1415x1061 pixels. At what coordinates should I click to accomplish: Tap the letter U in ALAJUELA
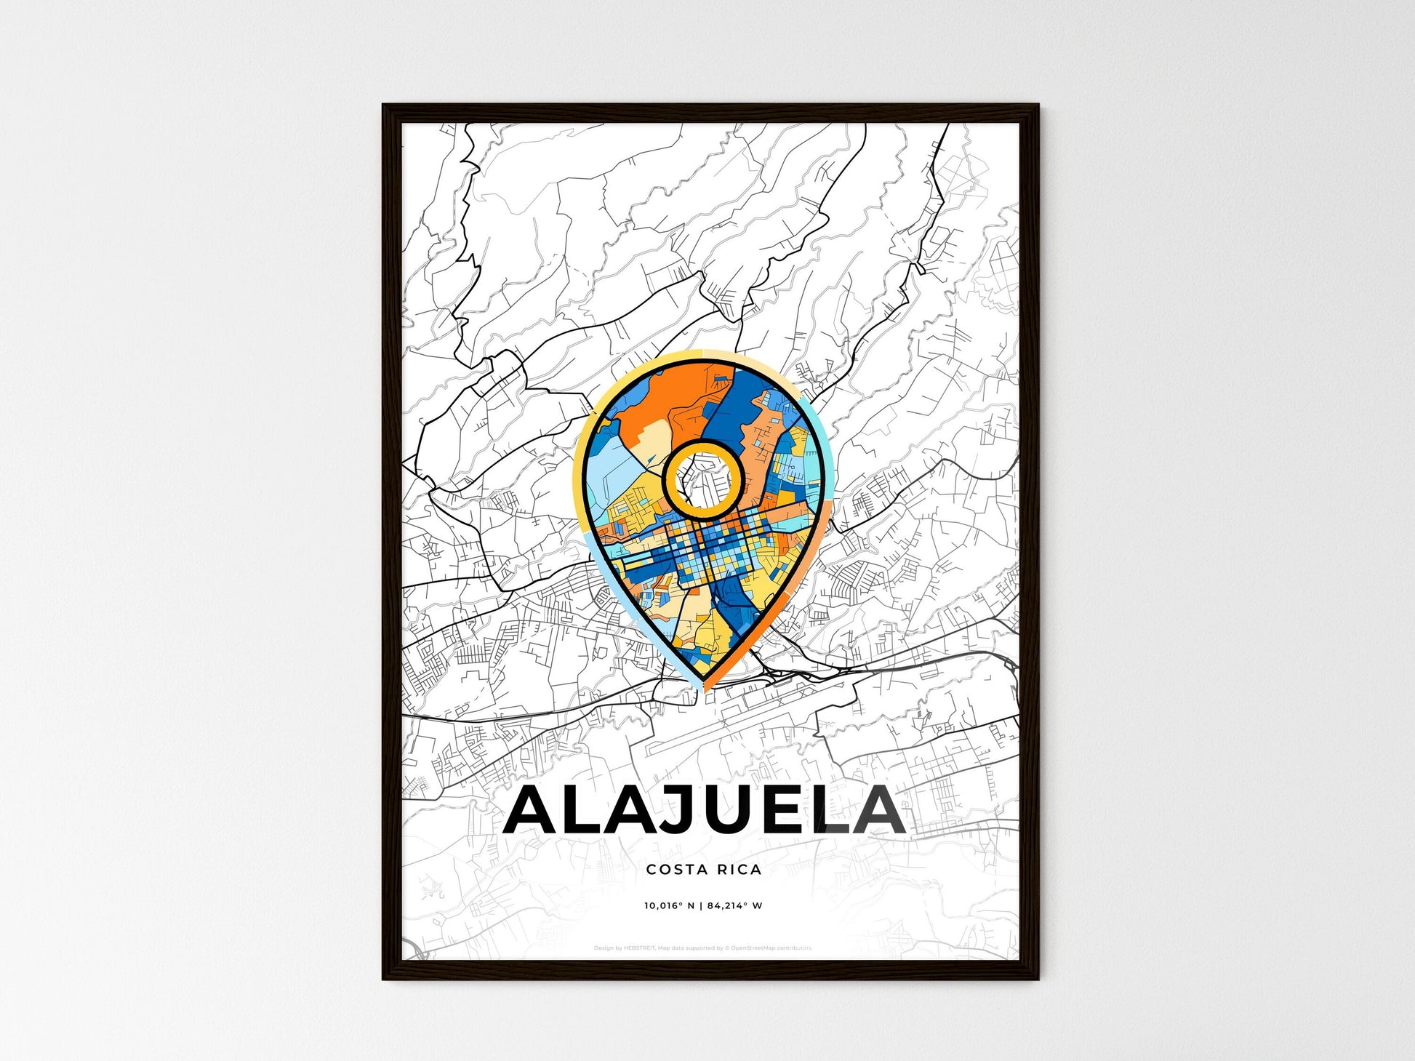(729, 810)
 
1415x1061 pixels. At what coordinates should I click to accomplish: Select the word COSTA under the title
(672, 869)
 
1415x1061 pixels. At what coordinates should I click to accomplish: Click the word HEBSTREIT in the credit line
(640, 948)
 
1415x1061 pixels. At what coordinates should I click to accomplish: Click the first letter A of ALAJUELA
(533, 810)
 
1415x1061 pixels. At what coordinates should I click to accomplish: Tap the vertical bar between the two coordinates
(702, 906)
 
